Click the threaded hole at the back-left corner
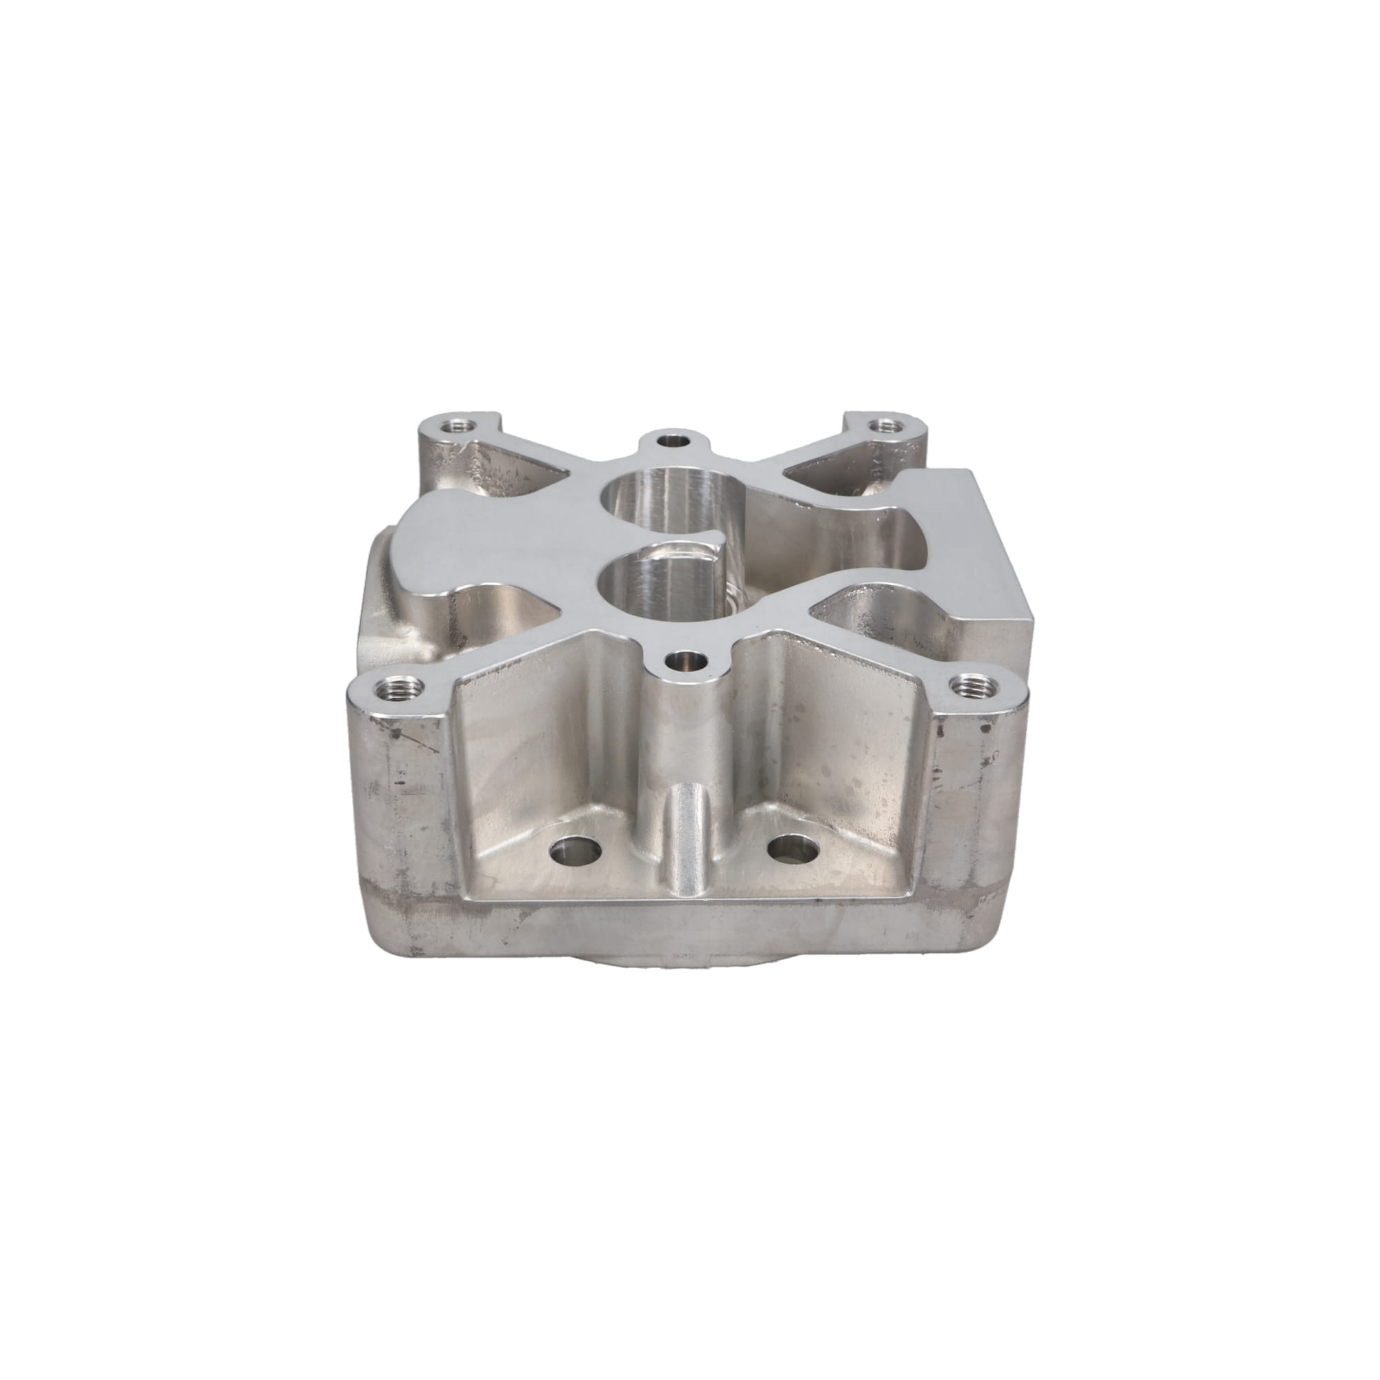point(453,427)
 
